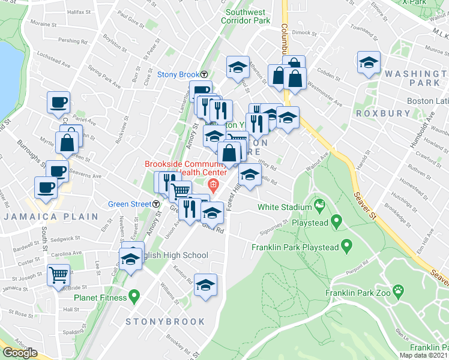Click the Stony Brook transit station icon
(204, 75)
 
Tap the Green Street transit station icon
(158, 204)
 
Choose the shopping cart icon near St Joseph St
(59, 275)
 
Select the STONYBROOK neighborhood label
(164, 322)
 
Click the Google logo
(20, 353)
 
